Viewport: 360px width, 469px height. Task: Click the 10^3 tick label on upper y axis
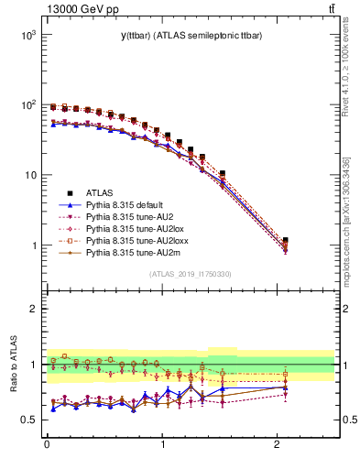click(x=27, y=34)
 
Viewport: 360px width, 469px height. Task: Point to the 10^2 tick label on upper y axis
click(x=27, y=104)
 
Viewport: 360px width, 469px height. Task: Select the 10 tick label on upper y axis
click(x=29, y=175)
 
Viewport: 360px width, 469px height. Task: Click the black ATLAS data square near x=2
click(x=286, y=240)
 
